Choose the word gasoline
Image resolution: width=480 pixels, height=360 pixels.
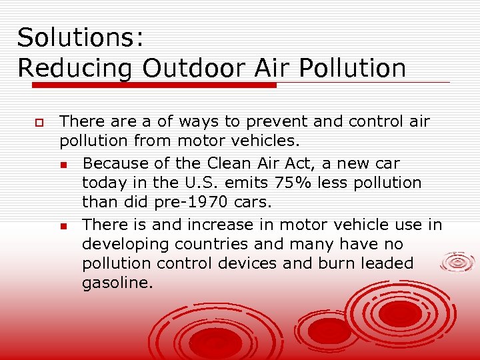(x=117, y=283)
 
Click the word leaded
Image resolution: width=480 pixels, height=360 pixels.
(x=387, y=263)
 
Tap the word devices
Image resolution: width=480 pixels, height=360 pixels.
(x=244, y=263)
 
